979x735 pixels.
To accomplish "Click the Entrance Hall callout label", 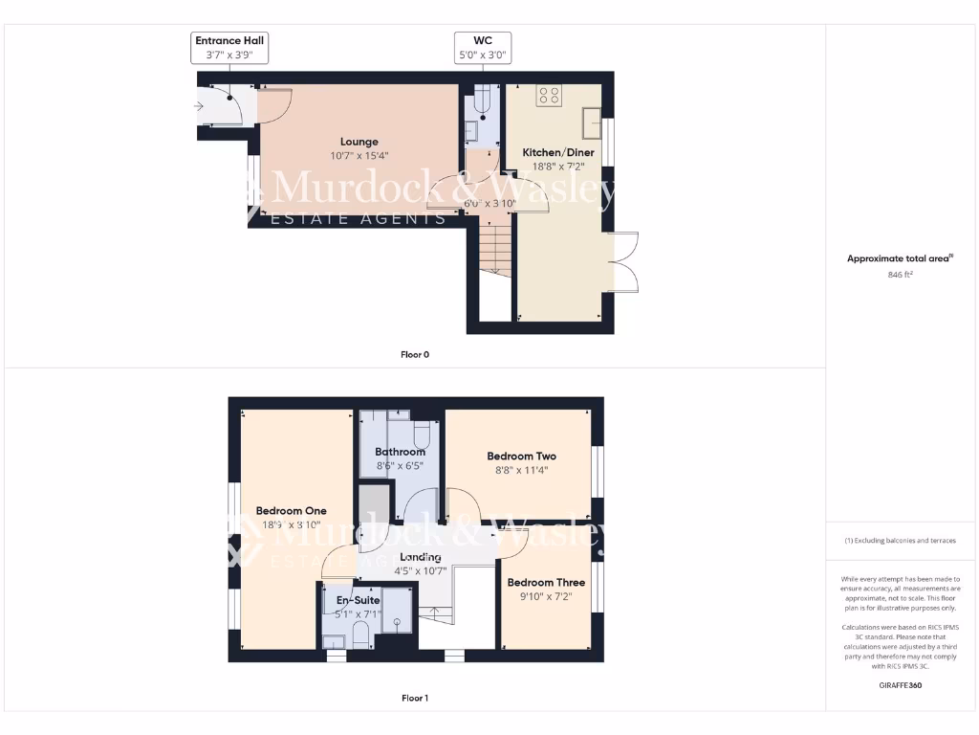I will click(229, 48).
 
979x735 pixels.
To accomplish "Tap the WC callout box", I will click(483, 48).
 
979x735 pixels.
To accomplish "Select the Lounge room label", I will click(359, 142).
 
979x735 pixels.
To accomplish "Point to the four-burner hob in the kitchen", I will click(550, 95).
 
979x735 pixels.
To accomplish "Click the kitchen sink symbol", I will click(592, 122).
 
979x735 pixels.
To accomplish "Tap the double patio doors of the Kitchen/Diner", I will click(622, 262).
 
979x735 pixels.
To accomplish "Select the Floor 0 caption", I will click(414, 355).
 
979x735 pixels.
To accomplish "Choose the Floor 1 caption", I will click(414, 699).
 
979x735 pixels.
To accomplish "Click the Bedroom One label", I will click(292, 511).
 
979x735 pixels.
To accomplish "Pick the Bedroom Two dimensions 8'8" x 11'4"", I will click(521, 470).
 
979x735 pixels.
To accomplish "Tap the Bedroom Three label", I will click(546, 582).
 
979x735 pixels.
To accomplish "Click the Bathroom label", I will click(400, 452).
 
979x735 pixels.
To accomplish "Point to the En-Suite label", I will click(358, 600).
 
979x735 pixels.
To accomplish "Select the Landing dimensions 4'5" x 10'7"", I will click(421, 571).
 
